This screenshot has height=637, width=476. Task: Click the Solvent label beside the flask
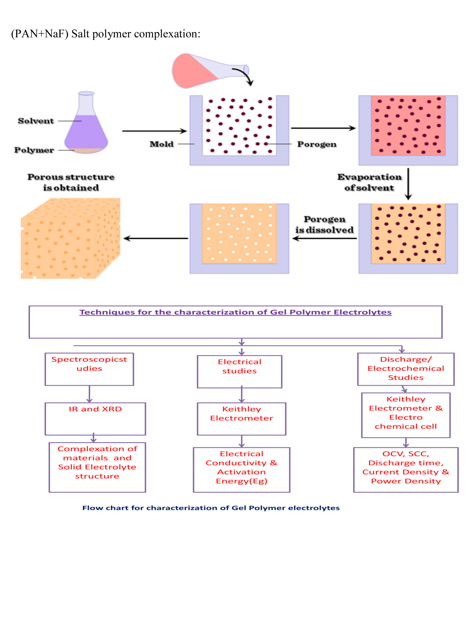click(36, 121)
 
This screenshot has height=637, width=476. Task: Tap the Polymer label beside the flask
click(34, 150)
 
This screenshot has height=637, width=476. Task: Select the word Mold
click(162, 144)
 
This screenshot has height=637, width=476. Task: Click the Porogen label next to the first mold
click(317, 144)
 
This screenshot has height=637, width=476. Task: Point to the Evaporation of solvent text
click(369, 182)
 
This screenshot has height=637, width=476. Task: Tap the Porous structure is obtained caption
click(71, 182)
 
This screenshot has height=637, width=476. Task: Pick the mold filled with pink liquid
click(408, 129)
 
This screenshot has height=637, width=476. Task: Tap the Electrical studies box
click(240, 371)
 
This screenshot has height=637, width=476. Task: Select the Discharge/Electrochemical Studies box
click(406, 369)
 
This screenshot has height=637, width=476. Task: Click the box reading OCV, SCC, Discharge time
click(406, 469)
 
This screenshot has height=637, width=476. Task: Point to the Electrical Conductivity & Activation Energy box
click(241, 469)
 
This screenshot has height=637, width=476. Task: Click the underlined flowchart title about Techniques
click(235, 312)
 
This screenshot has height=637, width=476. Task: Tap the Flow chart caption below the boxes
click(211, 508)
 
